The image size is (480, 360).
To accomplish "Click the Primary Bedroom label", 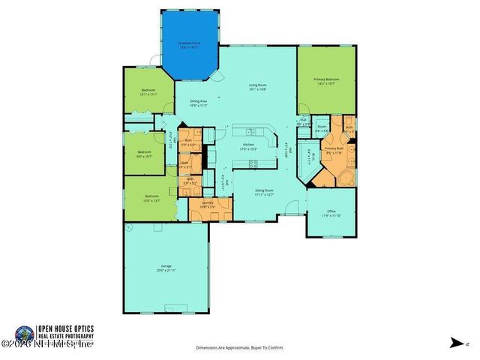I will [327, 81].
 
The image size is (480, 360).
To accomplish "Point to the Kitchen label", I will [248, 147].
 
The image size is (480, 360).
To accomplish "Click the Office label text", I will [331, 214].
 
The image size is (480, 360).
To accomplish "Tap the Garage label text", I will [166, 268].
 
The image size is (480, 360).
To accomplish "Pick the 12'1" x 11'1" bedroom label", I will [148, 92].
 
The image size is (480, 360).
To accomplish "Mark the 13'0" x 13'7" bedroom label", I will [151, 198].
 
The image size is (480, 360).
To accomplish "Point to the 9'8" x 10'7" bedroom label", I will [145, 154].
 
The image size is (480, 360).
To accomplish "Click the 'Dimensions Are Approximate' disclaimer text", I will [240, 348].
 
